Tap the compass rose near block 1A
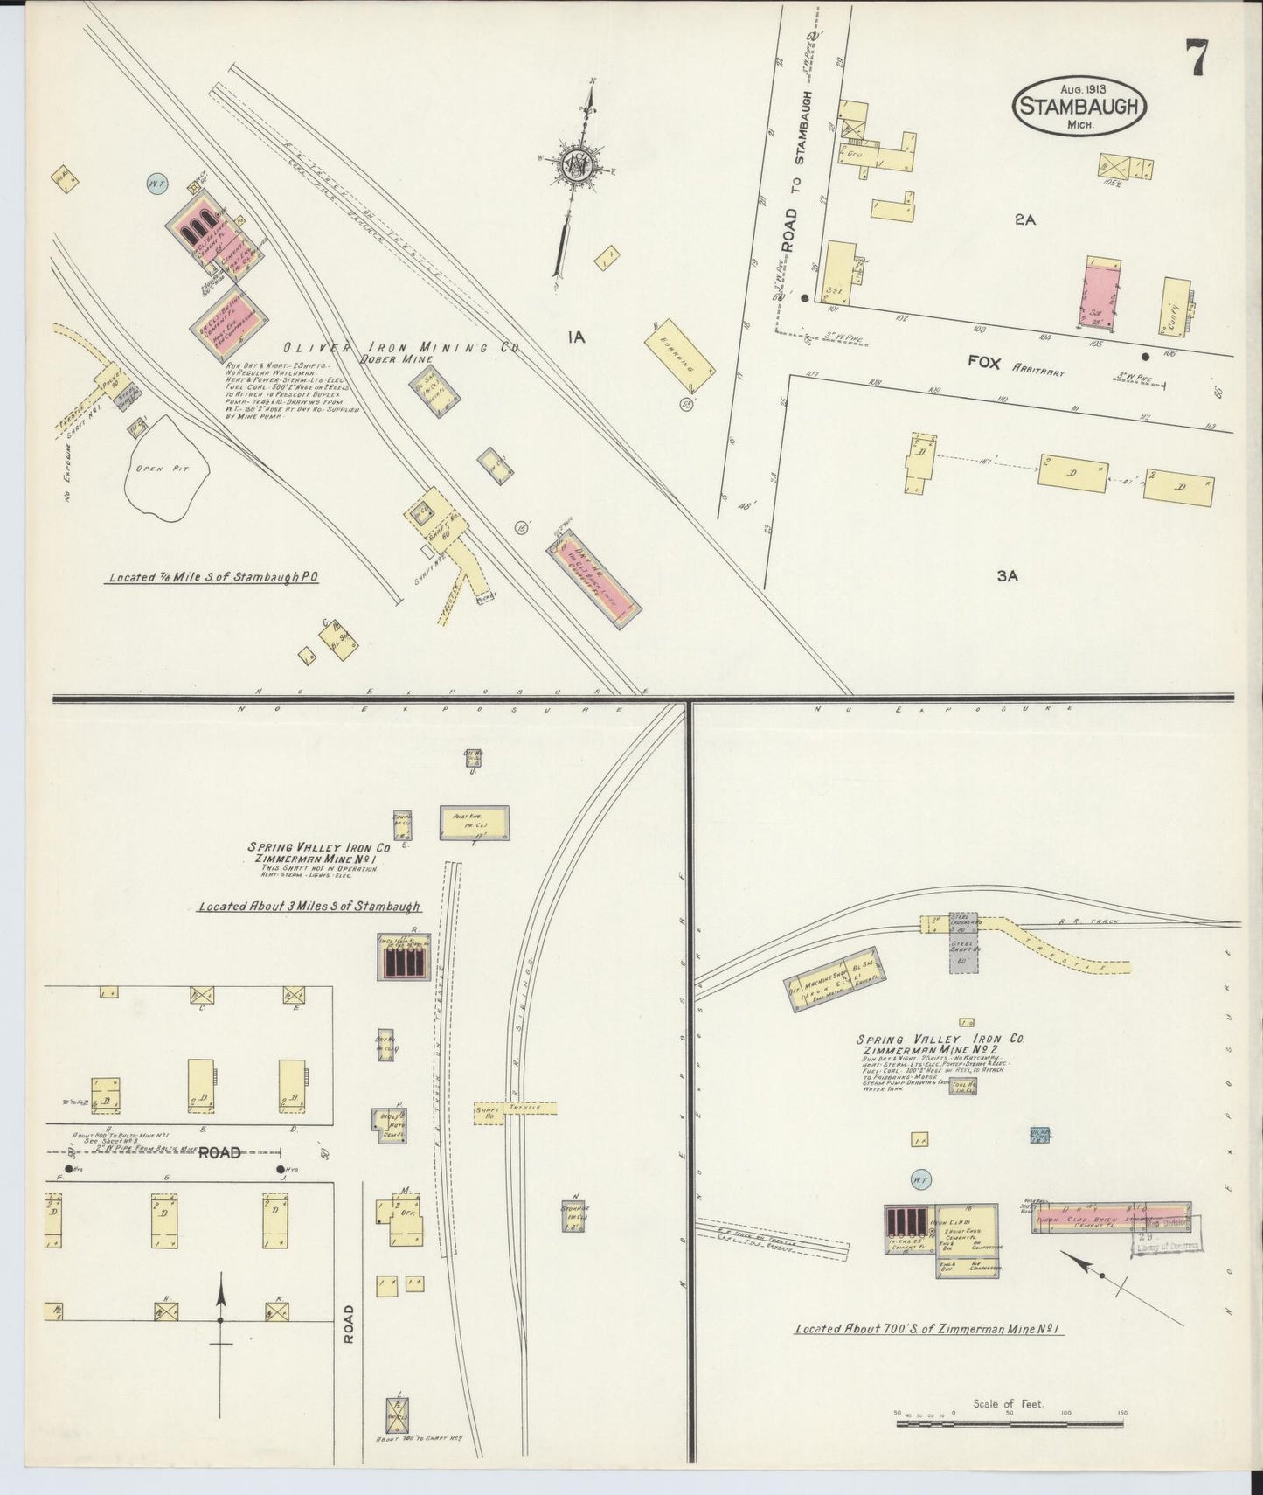point(576,163)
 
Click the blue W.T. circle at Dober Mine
point(157,185)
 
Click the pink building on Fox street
point(1103,295)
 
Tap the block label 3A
point(1008,575)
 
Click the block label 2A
point(1024,221)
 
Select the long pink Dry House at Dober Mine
point(594,577)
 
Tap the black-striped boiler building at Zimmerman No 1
point(404,961)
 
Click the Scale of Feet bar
point(1010,1424)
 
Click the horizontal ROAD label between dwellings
point(219,1152)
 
